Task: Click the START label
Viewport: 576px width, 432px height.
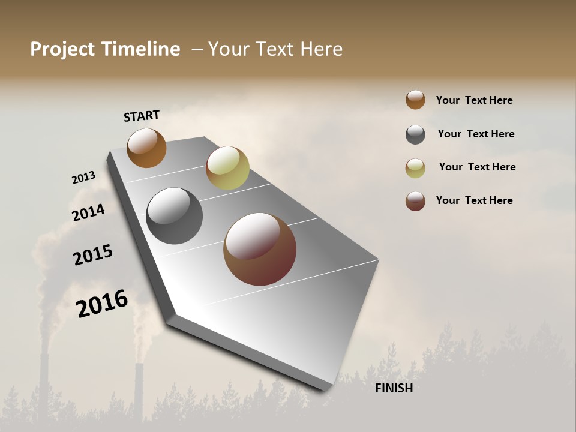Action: [x=142, y=116]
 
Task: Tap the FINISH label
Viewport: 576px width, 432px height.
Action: [x=394, y=388]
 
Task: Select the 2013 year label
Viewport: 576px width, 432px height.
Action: [x=83, y=177]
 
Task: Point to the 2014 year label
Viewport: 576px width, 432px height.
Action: [x=88, y=212]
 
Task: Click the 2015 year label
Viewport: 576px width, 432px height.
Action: [x=93, y=255]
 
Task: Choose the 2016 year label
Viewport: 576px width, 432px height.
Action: [x=102, y=304]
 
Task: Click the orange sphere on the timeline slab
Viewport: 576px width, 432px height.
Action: [x=146, y=148]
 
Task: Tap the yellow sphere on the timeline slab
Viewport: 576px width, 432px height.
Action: [x=227, y=167]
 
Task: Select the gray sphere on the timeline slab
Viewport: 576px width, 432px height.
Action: [x=174, y=216]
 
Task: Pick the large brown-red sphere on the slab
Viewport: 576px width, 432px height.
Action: [x=260, y=249]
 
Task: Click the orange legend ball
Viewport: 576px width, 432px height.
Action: [x=415, y=100]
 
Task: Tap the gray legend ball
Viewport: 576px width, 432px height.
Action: [x=415, y=134]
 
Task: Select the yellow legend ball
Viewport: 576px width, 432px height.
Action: [x=415, y=168]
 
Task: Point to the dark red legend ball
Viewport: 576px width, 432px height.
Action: [x=415, y=201]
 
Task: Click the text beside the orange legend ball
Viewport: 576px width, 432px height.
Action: [x=474, y=100]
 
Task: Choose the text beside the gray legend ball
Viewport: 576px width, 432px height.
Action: [x=476, y=134]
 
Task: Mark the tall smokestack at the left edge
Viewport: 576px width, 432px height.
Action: [x=44, y=384]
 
